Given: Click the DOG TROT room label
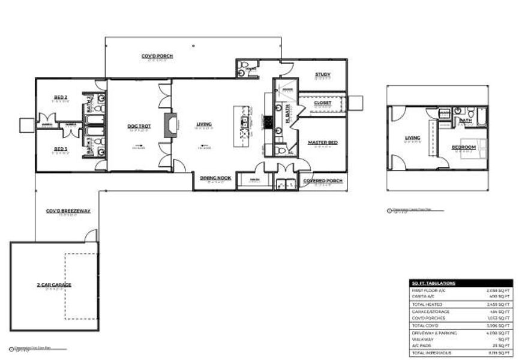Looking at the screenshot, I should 137,126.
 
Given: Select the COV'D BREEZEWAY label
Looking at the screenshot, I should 68,211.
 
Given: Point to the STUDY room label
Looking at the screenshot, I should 323,75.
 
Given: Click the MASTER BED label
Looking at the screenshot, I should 322,143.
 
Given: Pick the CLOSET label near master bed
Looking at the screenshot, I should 322,103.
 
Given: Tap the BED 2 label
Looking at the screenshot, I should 59,97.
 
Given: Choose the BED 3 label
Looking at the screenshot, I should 59,149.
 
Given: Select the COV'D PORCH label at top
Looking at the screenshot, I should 157,56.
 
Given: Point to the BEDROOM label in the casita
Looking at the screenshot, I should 464,146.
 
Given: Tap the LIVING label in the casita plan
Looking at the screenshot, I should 412,139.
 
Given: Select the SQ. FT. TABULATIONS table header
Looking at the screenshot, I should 434,283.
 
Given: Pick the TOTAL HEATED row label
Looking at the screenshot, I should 427,304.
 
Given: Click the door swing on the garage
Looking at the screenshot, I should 91,235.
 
